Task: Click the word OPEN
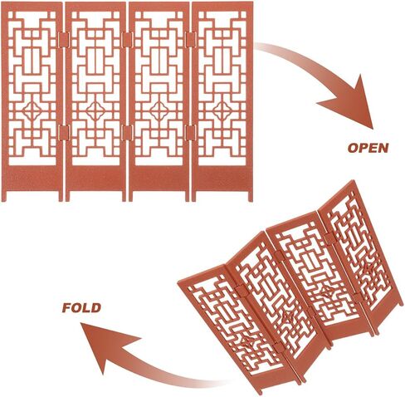pyautogui.click(x=368, y=148)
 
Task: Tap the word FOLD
pyautogui.click(x=81, y=307)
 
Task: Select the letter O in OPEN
pyautogui.click(x=353, y=148)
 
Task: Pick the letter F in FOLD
pyautogui.click(x=67, y=307)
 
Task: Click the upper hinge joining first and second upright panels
pyautogui.click(x=64, y=40)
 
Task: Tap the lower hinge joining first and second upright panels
pyautogui.click(x=64, y=133)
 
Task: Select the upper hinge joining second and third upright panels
pyautogui.click(x=128, y=40)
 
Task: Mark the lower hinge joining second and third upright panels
pyautogui.click(x=128, y=133)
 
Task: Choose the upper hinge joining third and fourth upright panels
pyautogui.click(x=191, y=40)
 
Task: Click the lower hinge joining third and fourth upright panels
pyautogui.click(x=191, y=133)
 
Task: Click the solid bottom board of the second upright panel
pyautogui.click(x=95, y=178)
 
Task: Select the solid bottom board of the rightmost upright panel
pyautogui.click(x=222, y=178)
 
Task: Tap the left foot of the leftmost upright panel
pyautogui.click(x=3, y=196)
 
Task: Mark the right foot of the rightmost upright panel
pyautogui.click(x=251, y=196)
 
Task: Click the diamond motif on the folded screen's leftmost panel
pyautogui.click(x=247, y=342)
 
